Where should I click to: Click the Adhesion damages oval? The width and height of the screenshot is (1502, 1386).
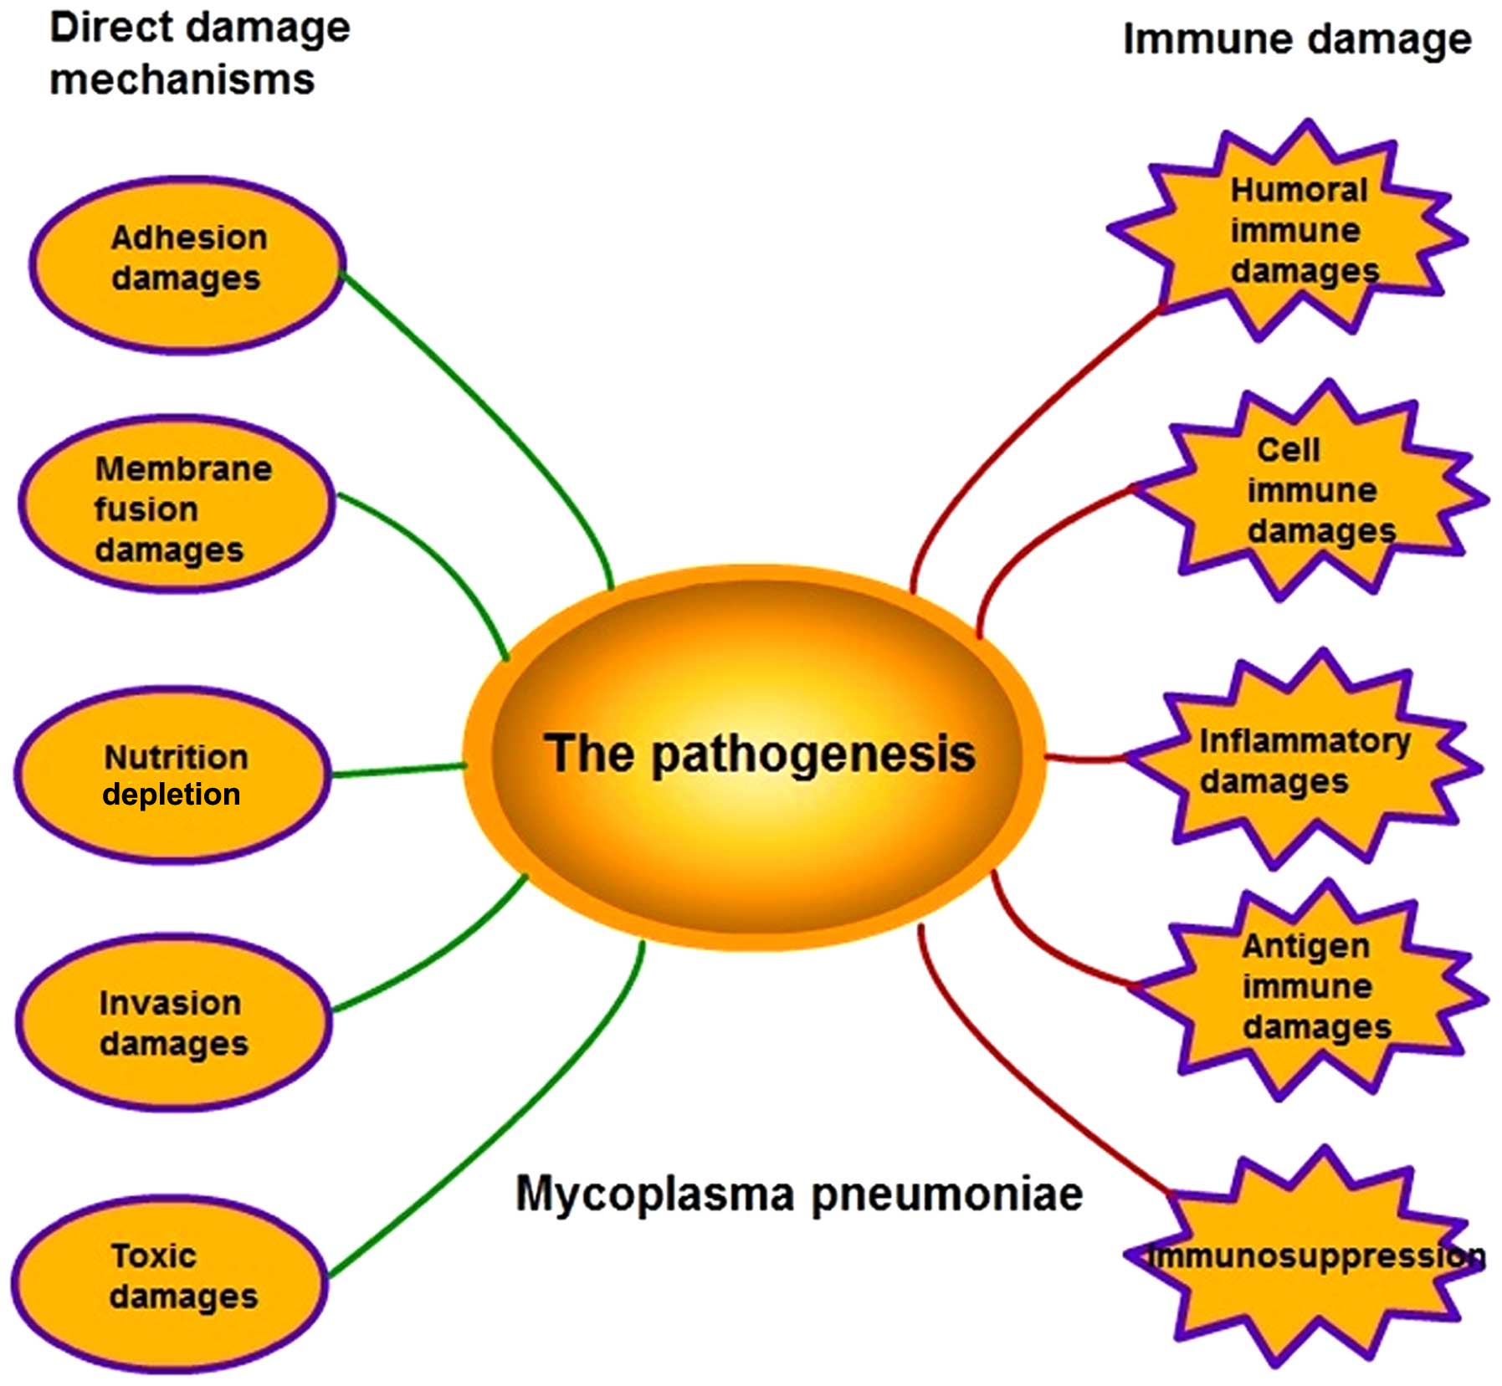coord(187,264)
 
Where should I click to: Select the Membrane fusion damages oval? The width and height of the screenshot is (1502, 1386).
coord(176,504)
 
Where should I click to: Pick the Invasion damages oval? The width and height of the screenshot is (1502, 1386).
coord(173,1022)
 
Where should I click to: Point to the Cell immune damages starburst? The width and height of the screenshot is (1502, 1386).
coord(1314,494)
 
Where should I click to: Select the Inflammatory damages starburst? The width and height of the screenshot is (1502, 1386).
coord(1305,761)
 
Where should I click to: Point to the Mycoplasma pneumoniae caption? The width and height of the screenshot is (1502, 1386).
coord(798,1194)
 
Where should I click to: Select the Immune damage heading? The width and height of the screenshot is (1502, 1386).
coord(1296,39)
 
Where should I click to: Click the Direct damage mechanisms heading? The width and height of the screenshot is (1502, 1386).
coord(198,54)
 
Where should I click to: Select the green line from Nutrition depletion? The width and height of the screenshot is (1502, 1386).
coord(398,770)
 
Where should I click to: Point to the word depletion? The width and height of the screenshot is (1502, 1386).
coord(172,794)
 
